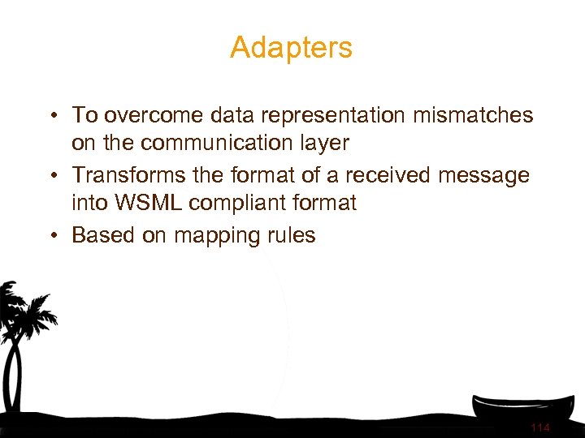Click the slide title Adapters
tap(291, 48)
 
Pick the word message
tap(484, 175)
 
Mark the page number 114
tap(539, 427)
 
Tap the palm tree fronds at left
tap(24, 308)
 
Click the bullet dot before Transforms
tap(51, 176)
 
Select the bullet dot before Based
tap(51, 236)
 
